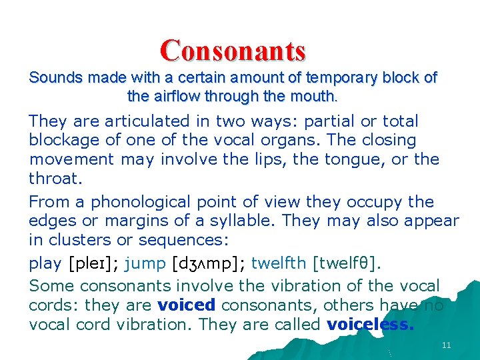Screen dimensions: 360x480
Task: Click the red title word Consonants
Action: tap(233, 50)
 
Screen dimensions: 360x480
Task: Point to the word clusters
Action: tap(76, 240)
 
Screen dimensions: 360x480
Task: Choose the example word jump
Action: tap(145, 263)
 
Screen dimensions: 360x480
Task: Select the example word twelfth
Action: tap(280, 263)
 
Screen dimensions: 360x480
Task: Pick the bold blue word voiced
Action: tap(187, 305)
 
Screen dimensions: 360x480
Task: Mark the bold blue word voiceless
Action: tap(371, 325)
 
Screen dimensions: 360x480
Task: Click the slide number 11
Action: tap(446, 345)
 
